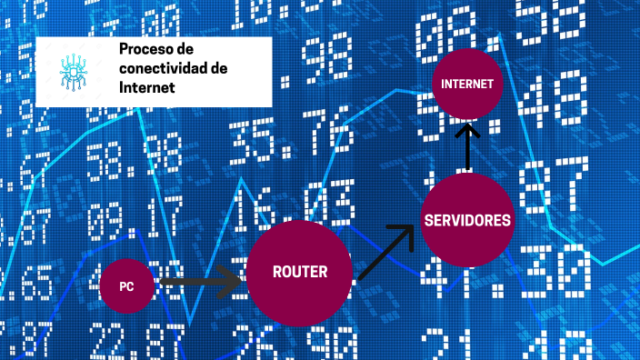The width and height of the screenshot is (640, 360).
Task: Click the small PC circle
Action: point(127,285)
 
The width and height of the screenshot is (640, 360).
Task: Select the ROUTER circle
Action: point(299,272)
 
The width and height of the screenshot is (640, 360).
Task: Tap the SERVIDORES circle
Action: point(466,219)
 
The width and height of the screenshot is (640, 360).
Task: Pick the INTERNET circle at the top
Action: point(467,84)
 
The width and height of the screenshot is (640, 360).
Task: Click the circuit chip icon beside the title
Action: point(75,72)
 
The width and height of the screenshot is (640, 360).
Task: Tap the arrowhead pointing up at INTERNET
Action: point(467,130)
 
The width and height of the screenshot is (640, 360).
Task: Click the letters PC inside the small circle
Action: point(127,285)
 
